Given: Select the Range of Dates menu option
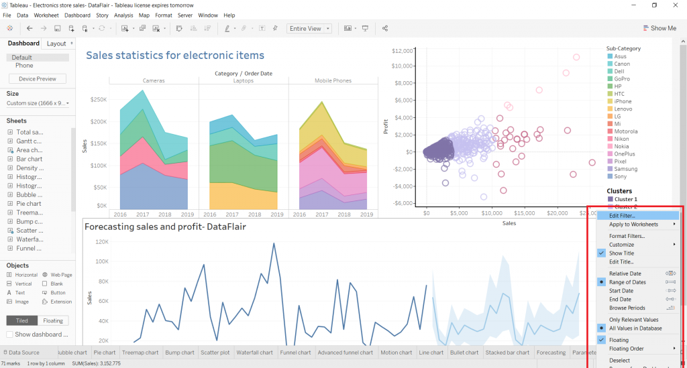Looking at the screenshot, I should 627,282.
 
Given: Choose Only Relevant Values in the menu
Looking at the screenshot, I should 633,320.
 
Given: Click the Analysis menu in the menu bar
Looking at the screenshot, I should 123,15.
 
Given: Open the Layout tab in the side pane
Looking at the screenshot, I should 56,44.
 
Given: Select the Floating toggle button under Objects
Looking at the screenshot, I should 53,321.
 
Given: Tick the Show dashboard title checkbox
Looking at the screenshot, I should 10,334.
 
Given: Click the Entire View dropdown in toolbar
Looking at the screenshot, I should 309,28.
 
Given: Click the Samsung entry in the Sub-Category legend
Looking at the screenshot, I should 625,169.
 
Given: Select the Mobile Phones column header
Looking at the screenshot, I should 333,80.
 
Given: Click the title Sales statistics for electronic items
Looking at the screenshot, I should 175,56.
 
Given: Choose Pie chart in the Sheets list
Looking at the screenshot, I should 29,204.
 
